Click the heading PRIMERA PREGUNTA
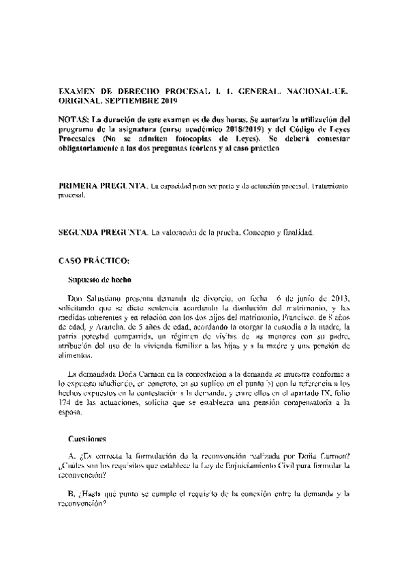(x=103, y=185)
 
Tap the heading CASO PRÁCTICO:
(x=89, y=261)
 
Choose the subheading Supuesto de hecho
(x=99, y=280)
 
